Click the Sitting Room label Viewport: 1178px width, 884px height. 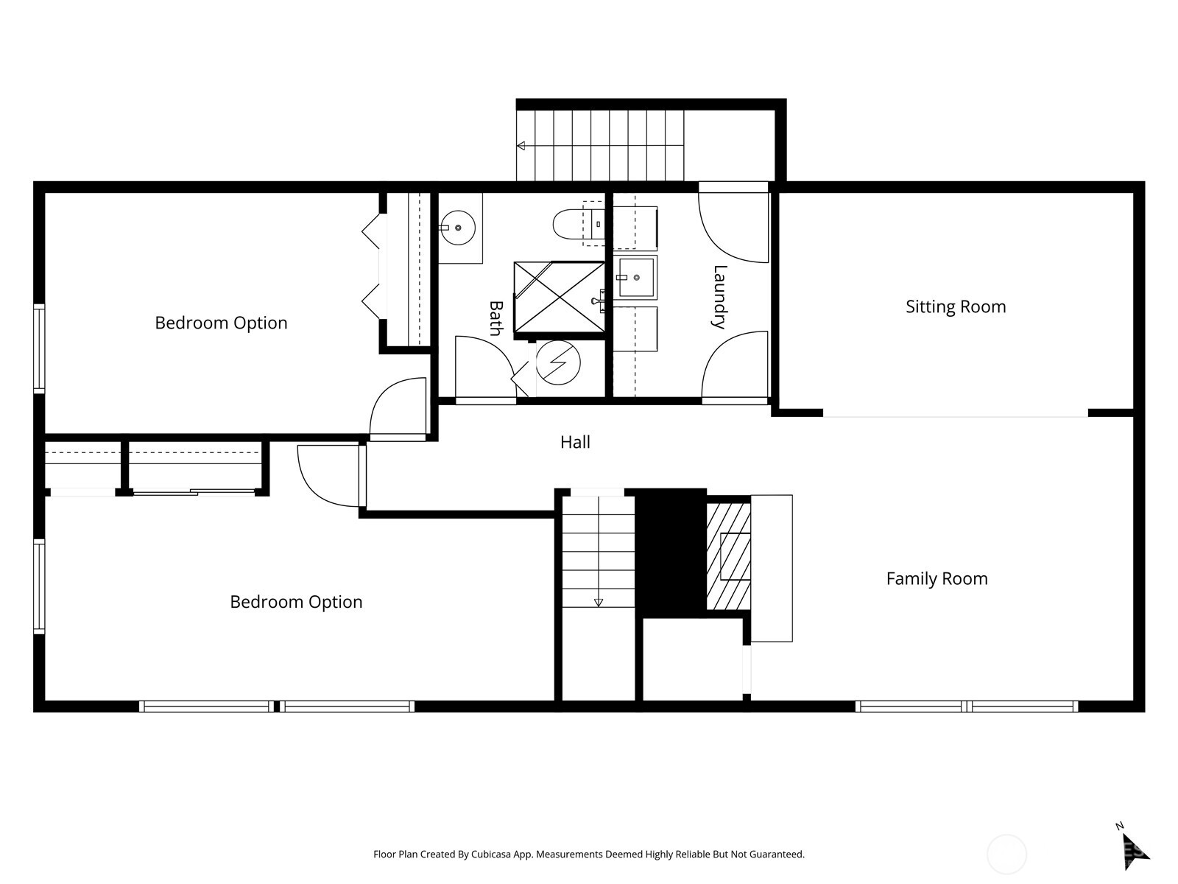(956, 306)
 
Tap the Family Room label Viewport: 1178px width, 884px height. (937, 578)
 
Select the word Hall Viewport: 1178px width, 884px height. (575, 442)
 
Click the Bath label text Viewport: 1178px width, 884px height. (496, 318)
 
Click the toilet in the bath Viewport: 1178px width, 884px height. (571, 223)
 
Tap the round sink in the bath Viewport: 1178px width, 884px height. (458, 228)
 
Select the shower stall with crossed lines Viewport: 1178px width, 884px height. (559, 297)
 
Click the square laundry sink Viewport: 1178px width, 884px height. (635, 277)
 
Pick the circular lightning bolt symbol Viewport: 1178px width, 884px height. (558, 362)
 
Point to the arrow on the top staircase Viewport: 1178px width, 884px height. (521, 146)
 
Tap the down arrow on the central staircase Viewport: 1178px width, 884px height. (599, 602)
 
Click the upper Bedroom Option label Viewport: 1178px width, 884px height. (221, 323)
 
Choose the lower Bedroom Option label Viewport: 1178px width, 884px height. (296, 602)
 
